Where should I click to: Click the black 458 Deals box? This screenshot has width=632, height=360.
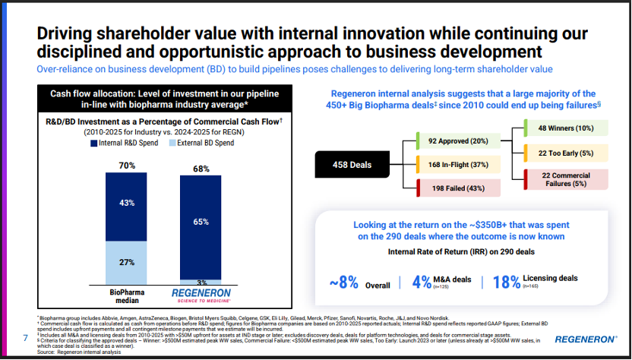click(x=351, y=163)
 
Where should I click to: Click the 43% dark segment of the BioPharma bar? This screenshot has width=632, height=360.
click(x=126, y=203)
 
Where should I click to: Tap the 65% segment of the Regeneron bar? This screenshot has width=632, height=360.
click(x=201, y=223)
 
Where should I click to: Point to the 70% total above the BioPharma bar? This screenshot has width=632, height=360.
click(x=126, y=165)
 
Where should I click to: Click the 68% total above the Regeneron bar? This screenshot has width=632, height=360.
click(x=201, y=169)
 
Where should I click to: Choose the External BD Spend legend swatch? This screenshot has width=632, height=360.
click(x=172, y=143)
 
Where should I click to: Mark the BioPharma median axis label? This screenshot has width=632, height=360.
click(x=126, y=295)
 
